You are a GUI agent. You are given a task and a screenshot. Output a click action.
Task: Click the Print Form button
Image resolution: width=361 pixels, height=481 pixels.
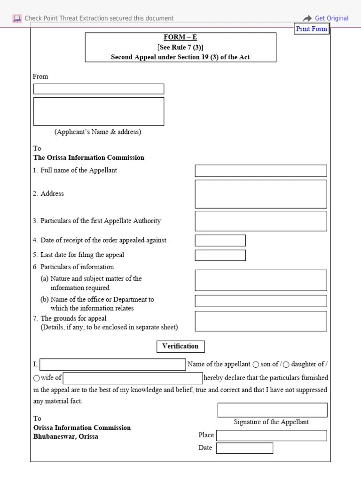pos(311,29)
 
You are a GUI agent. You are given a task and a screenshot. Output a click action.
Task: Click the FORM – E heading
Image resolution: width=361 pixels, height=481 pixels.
pos(180,37)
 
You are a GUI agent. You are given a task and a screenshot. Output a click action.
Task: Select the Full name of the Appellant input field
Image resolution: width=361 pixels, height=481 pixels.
pos(260,171)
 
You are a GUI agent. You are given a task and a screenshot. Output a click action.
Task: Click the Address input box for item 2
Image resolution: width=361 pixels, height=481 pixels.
pos(260,194)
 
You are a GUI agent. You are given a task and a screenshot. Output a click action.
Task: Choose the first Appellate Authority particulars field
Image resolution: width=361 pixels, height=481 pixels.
pos(260,221)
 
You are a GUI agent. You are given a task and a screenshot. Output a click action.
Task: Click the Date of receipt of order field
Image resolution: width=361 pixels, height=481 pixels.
pos(220,240)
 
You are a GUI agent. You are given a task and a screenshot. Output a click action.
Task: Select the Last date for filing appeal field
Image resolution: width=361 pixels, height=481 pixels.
pos(220,255)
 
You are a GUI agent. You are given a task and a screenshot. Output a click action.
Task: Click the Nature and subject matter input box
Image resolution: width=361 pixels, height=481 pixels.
pos(260,280)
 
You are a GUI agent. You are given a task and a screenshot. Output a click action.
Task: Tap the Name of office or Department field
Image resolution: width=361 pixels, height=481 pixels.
pos(260,301)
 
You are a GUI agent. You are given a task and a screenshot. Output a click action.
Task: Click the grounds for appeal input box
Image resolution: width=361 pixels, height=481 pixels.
pos(260,321)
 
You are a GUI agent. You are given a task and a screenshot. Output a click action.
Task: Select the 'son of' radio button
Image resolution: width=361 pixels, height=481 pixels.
pos(256,365)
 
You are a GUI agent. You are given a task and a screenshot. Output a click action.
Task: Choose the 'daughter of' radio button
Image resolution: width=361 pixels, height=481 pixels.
pos(286,365)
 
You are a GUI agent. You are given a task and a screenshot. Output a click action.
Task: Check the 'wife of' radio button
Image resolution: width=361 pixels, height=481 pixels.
pos(37,378)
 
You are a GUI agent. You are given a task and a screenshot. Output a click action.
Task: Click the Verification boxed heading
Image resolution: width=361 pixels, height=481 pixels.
pos(180,347)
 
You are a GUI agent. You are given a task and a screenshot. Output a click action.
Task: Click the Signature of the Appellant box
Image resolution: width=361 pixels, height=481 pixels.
pos(272,410)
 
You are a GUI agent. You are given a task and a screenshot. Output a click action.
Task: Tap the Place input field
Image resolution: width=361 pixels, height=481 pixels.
pos(271,435)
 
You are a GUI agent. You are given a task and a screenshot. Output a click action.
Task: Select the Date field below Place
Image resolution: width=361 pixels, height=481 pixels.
pos(244,448)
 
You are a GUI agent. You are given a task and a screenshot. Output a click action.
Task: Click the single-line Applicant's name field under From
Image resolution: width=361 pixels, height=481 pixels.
pos(99,89)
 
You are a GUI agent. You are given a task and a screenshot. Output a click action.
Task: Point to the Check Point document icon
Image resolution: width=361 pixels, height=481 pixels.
pos(17,18)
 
